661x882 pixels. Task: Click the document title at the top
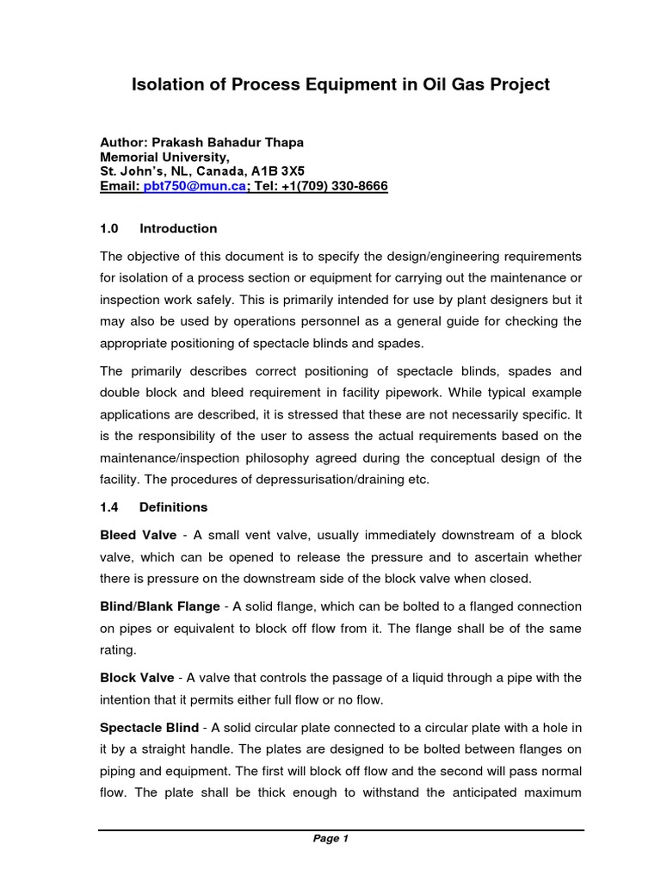tap(339, 84)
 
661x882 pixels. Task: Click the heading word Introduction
tap(178, 228)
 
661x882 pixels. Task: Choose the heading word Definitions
tap(173, 507)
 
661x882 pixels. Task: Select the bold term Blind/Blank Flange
tap(160, 607)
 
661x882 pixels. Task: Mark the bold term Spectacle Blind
tap(150, 728)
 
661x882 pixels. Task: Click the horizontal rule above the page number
tap(341, 830)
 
